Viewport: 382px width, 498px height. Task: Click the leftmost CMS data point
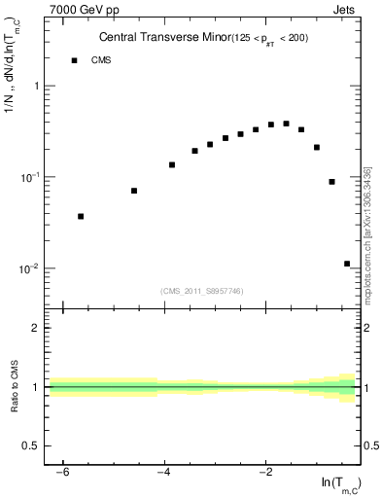(x=81, y=216)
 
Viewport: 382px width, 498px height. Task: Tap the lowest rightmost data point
(x=347, y=264)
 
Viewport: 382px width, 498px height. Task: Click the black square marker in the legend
(x=74, y=60)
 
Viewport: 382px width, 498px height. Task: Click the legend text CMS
(x=101, y=60)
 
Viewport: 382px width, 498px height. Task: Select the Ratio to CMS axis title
(x=14, y=387)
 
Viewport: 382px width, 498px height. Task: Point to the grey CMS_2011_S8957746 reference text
(x=201, y=291)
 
